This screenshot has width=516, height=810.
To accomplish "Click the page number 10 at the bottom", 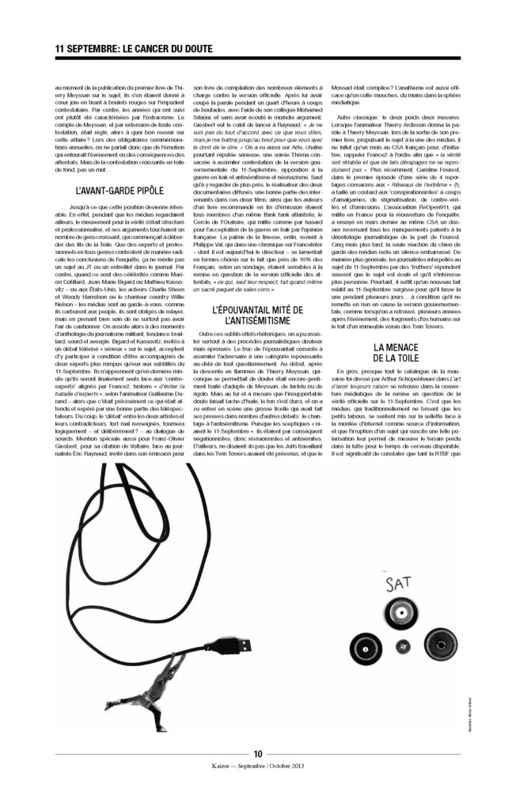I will [x=258, y=753].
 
